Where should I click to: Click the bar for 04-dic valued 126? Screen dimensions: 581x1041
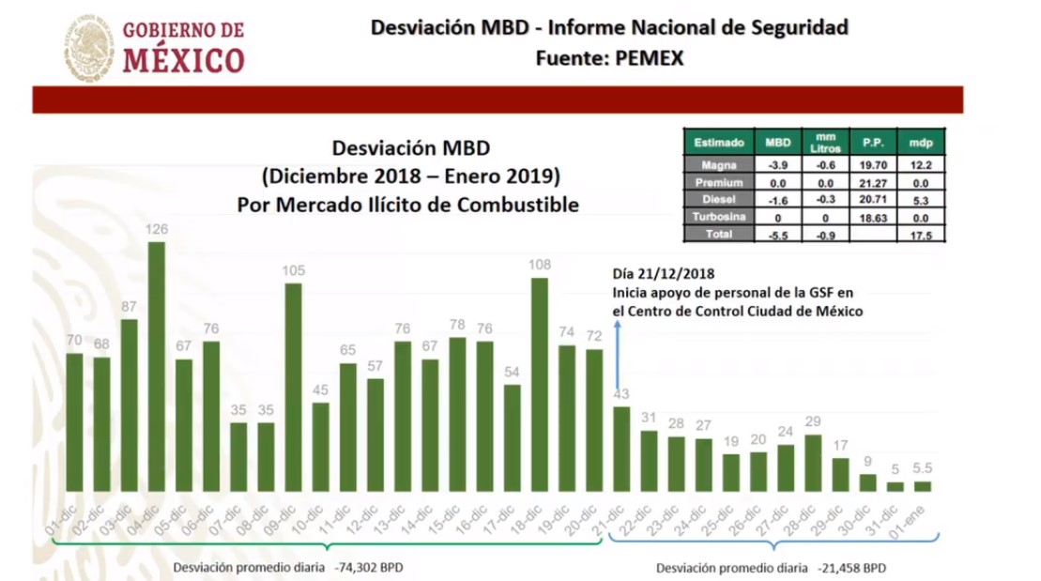coord(157,366)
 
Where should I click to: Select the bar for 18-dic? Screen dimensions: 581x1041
coord(539,385)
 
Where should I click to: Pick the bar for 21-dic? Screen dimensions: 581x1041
coord(620,449)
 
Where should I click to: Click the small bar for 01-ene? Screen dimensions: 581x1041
coord(922,486)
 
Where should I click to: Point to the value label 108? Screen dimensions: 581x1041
coord(539,266)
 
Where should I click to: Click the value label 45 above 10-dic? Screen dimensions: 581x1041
coord(320,390)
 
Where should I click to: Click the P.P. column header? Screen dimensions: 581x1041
coord(867,143)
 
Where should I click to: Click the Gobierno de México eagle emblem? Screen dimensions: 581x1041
coord(89,46)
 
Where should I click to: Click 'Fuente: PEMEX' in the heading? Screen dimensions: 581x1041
coord(609,58)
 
